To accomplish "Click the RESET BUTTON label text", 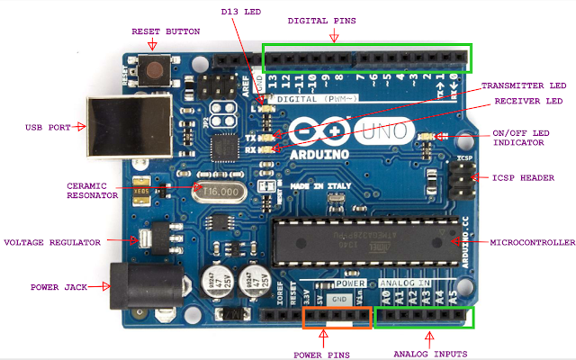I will (x=166, y=31).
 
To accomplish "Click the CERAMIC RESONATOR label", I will (x=93, y=191).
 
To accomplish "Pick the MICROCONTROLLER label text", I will (x=531, y=242).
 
